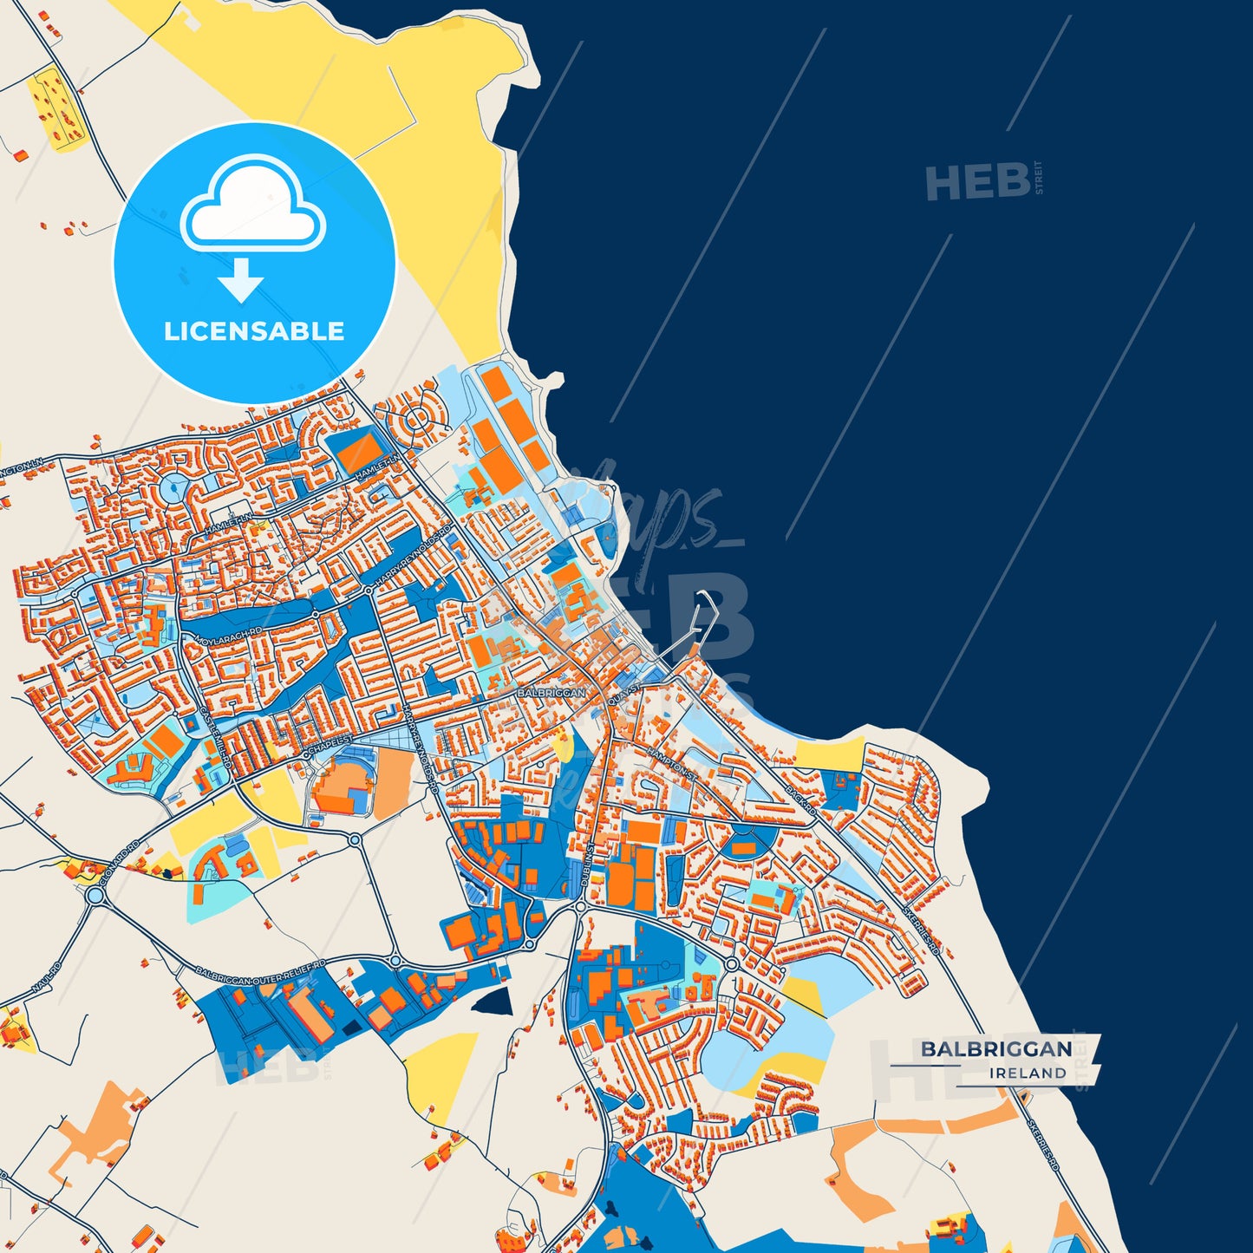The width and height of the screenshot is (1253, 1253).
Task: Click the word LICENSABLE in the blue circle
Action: (254, 331)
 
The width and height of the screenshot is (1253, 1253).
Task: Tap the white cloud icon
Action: (252, 205)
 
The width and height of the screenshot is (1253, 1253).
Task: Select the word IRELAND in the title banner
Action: (1028, 1074)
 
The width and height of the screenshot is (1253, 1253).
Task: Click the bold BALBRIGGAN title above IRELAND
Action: (996, 1049)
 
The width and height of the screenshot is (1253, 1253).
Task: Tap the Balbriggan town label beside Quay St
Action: (551, 693)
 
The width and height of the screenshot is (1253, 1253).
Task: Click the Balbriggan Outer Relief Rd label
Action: (260, 972)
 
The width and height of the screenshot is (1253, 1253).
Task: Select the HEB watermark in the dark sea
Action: (978, 182)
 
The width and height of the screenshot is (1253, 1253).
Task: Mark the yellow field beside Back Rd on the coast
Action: (831, 755)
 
